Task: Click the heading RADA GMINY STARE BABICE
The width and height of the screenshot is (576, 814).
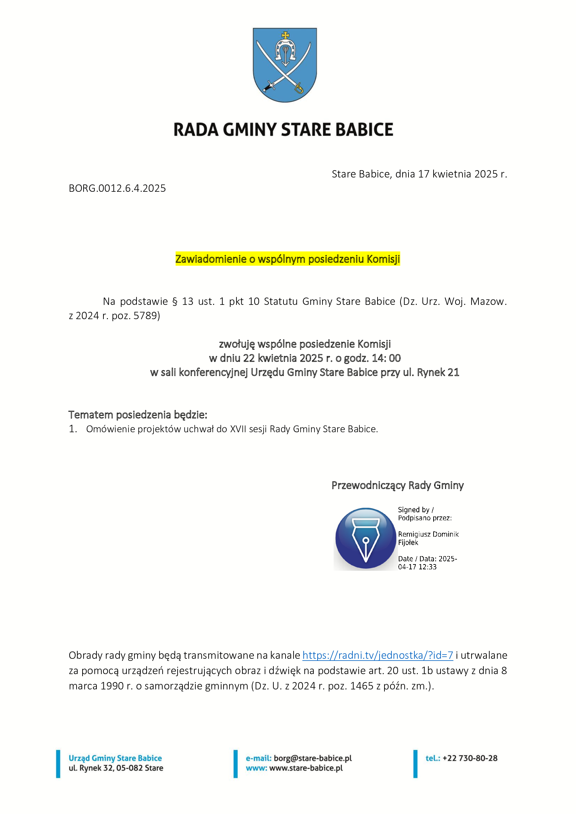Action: tap(283, 130)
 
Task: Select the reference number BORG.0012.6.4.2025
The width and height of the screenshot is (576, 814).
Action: tap(117, 188)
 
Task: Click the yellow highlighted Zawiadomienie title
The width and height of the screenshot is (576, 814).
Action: tap(288, 259)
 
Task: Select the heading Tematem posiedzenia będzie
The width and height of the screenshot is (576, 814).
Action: tap(138, 414)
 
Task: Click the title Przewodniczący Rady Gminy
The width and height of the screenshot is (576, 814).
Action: tap(398, 485)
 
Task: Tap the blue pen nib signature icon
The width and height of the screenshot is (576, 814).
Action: tap(365, 538)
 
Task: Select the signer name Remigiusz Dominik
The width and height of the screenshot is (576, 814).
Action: tap(428, 534)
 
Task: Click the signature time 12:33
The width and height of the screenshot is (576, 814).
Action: tap(427, 567)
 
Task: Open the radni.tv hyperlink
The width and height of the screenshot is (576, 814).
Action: tap(378, 655)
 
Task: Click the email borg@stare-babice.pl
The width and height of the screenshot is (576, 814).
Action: tap(312, 758)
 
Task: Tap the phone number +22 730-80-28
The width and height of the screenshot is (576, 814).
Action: tap(470, 758)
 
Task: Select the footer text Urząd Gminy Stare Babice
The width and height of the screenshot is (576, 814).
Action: tap(115, 758)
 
